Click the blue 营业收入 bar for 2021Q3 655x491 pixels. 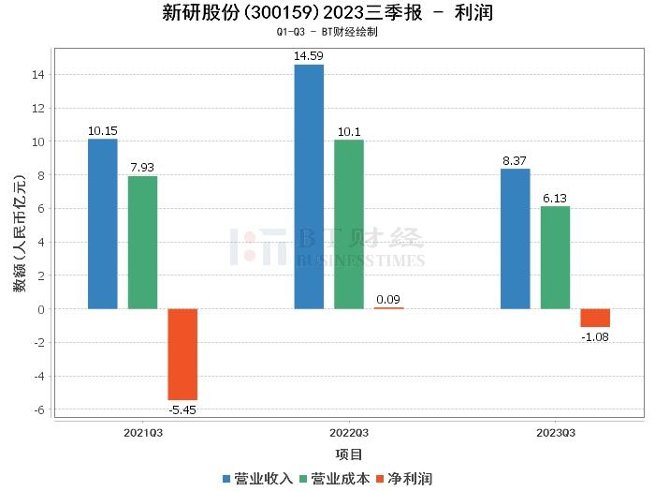(x=102, y=224)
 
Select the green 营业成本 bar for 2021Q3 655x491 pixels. (x=142, y=243)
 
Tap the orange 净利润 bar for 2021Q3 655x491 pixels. (x=182, y=354)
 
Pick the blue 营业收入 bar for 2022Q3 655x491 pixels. (x=309, y=186)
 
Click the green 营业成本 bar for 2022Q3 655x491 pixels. (x=349, y=225)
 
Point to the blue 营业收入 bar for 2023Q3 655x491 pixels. (x=515, y=239)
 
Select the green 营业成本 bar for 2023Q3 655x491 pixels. (x=555, y=258)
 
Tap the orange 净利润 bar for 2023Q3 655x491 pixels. (x=595, y=318)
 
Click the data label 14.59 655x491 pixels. (x=309, y=57)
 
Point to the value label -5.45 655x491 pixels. (x=182, y=409)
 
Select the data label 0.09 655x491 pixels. (x=389, y=300)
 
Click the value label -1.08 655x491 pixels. (x=595, y=336)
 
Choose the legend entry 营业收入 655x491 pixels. (x=257, y=479)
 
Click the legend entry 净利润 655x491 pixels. (x=404, y=479)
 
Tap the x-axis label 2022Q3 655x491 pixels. (x=349, y=433)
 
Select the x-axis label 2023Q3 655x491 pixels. (x=555, y=433)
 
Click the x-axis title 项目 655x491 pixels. (x=349, y=454)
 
